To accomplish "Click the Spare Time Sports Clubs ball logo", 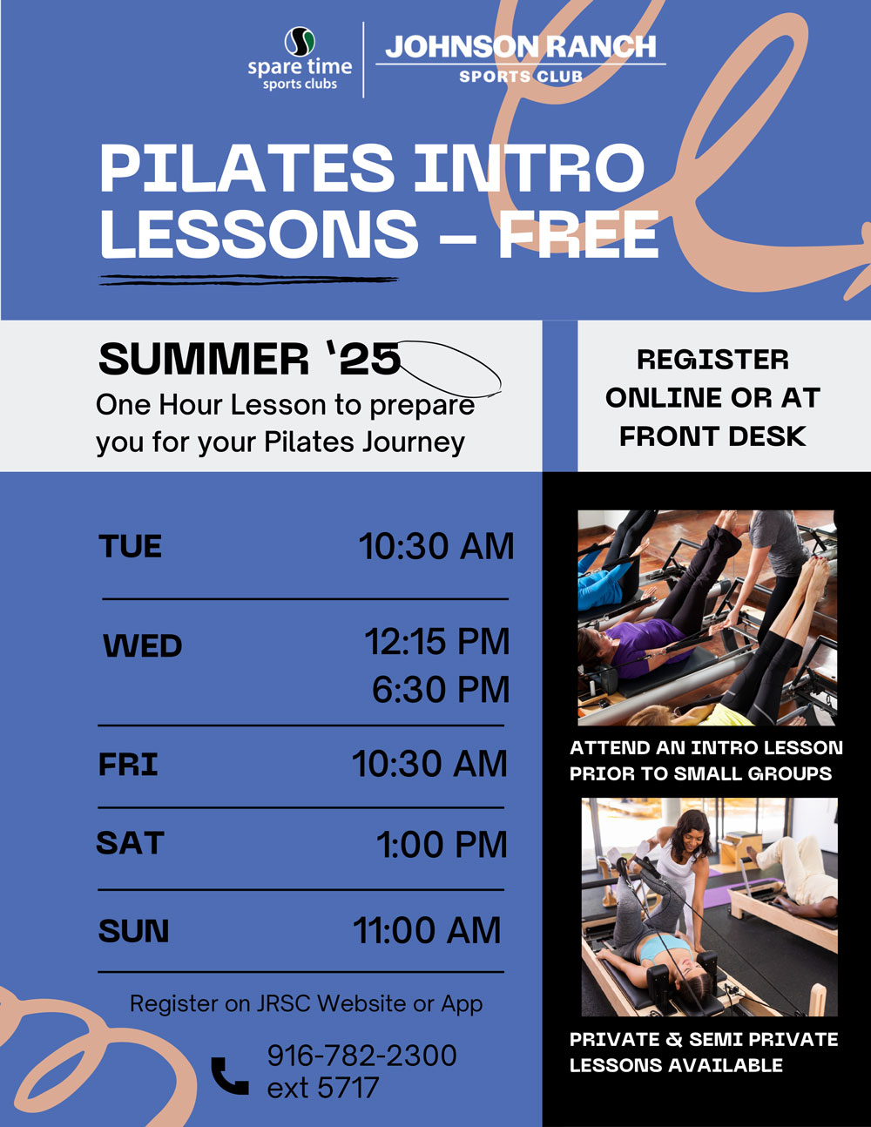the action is pyautogui.click(x=300, y=42).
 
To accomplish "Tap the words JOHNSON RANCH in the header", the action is pyautogui.click(x=521, y=47).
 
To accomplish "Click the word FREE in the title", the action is pyautogui.click(x=578, y=234).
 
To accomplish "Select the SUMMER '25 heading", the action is pyautogui.click(x=250, y=359).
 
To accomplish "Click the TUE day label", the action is pyautogui.click(x=130, y=546).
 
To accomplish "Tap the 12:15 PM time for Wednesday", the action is pyautogui.click(x=436, y=642).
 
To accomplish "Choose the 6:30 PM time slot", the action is pyautogui.click(x=441, y=689).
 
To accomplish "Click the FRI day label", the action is pyautogui.click(x=128, y=764).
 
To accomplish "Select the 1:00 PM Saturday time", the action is pyautogui.click(x=442, y=845).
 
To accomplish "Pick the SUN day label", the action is pyautogui.click(x=134, y=930).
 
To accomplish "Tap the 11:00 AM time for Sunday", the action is pyautogui.click(x=427, y=930).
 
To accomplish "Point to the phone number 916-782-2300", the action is pyautogui.click(x=361, y=1056).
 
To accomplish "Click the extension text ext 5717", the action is pyautogui.click(x=322, y=1088).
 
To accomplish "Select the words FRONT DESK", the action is pyautogui.click(x=712, y=436).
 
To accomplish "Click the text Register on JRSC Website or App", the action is pyautogui.click(x=306, y=1004).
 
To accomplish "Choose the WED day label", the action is pyautogui.click(x=143, y=645).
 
